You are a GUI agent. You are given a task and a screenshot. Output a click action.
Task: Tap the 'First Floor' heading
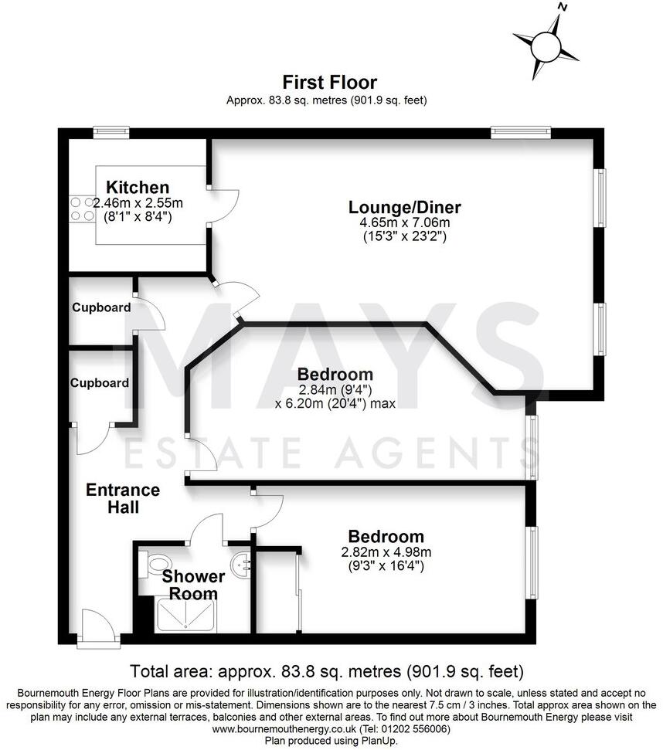pos(329,82)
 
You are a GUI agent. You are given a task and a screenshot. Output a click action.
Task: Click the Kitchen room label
pos(137,188)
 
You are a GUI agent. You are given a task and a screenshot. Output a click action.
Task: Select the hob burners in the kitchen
pos(82,209)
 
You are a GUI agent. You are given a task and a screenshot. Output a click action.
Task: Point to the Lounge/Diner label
pos(404,207)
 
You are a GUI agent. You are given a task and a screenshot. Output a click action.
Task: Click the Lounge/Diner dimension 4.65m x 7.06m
pos(405,222)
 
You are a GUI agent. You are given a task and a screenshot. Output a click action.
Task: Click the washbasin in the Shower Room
pos(241,563)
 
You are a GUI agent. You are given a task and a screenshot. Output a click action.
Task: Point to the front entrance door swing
pos(98,624)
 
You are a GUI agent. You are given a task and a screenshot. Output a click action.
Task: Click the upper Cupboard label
pos(101,307)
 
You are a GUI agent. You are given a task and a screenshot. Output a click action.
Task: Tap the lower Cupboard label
pos(100,383)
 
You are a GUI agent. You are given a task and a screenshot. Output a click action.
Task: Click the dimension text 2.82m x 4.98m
pos(386,551)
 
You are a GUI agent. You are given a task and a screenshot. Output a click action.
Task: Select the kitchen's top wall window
pos(111,131)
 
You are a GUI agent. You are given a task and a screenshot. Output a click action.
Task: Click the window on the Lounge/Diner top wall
pos(520,132)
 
